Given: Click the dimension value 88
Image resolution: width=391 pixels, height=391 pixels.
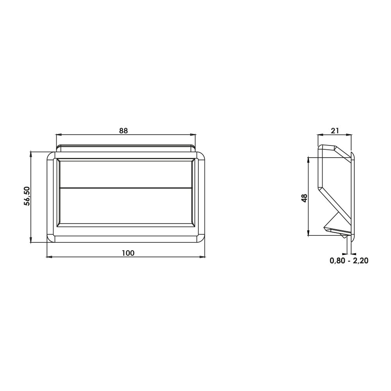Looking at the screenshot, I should (124, 131).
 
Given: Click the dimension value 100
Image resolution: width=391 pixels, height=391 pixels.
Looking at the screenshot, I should (128, 253).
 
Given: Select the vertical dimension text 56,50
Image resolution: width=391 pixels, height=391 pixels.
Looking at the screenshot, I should (27, 196).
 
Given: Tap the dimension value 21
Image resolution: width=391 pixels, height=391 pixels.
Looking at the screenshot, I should (335, 131).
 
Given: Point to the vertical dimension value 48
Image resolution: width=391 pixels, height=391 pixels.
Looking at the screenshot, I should (305, 197).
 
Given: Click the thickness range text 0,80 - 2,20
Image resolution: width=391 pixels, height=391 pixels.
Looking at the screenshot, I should (349, 261).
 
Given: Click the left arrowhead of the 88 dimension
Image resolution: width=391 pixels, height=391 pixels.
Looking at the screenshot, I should (59, 135).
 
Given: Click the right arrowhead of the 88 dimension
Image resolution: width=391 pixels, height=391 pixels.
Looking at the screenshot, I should (193, 135).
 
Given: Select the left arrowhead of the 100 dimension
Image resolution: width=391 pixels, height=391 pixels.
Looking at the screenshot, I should (49, 257).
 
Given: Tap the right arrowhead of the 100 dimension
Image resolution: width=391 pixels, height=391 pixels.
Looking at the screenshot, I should (202, 257).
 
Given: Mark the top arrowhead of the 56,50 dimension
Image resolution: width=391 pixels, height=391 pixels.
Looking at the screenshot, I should (31, 154).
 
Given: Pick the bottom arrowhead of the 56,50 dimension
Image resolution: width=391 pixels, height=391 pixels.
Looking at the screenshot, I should (31, 240).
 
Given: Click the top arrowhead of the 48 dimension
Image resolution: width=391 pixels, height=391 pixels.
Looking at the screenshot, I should (309, 160).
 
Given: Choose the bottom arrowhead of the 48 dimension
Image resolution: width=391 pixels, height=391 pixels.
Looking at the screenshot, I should (309, 233).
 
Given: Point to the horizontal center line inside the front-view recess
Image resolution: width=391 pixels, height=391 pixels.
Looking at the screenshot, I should (126, 188).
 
